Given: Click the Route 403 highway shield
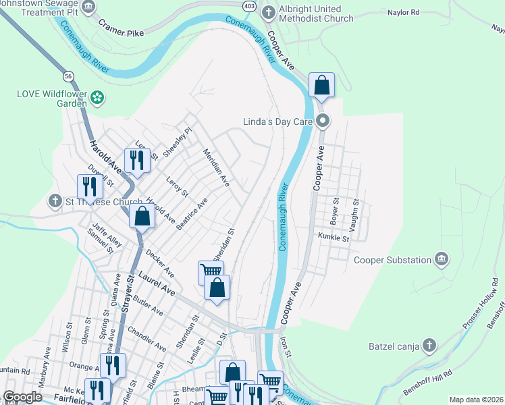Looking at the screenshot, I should coord(250,5).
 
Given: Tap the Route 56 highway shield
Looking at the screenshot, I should coord(68,76).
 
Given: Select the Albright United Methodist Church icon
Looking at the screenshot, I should coord(268,12).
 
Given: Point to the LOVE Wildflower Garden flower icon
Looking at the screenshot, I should coord(98,97).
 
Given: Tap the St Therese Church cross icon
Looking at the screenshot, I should coord(55,201).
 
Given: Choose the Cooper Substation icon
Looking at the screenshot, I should coord(442,260).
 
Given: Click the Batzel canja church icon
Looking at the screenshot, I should coord(428,347).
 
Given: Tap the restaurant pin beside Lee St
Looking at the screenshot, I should coord(137,160).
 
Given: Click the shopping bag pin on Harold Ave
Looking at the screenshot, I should coord(142,217).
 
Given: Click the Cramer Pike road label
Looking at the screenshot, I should coord(122,26).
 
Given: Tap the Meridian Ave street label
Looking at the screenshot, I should coord(217,168).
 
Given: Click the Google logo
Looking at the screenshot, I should coord(22,397).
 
